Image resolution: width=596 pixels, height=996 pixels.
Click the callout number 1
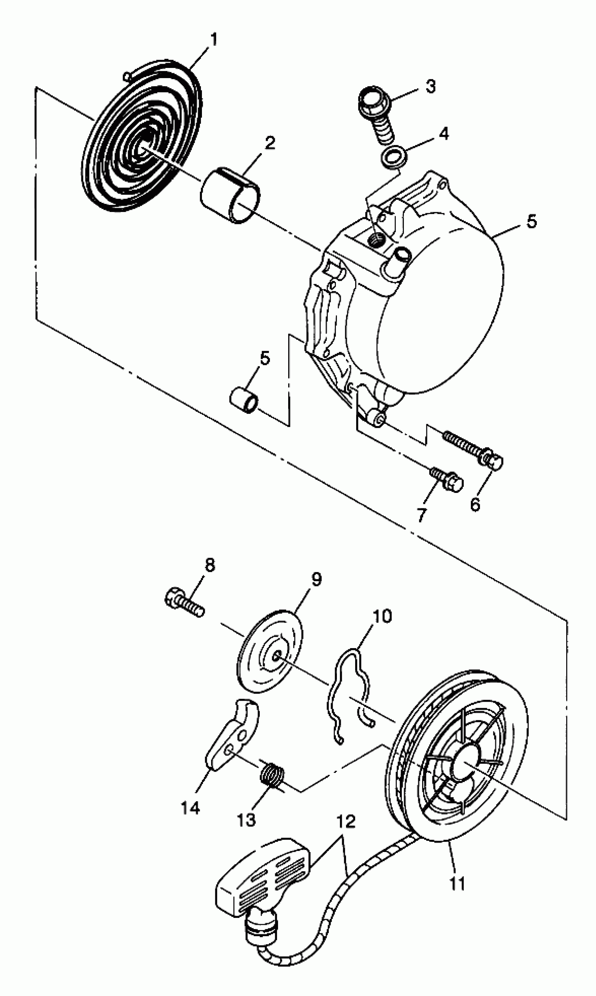point(214,39)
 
